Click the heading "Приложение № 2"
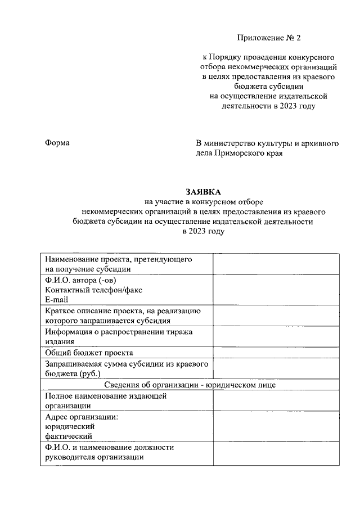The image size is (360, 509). click(x=269, y=38)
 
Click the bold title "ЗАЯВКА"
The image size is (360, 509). click(x=201, y=192)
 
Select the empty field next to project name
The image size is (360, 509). click(x=276, y=264)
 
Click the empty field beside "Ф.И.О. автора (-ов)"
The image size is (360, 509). click(x=276, y=290)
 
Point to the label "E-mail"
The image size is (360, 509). click(x=57, y=300)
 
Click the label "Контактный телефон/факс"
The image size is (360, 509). click(x=94, y=290)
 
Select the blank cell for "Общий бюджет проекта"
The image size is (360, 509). click(x=276, y=353)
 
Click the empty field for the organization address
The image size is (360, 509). click(x=276, y=426)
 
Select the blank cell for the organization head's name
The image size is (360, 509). click(x=276, y=453)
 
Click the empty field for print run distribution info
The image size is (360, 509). click(x=276, y=337)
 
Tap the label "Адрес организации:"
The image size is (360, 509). click(x=82, y=417)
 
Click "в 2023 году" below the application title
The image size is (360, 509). click(x=199, y=232)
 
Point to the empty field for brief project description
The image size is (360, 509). click(x=276, y=316)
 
